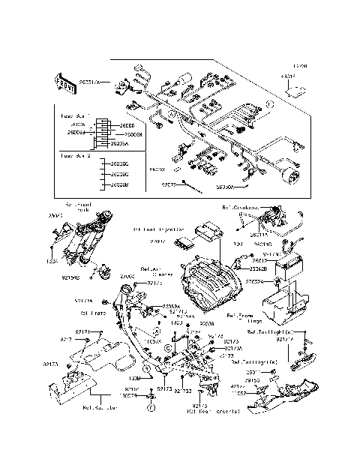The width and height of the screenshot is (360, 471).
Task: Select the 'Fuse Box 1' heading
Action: pyautogui.click(x=74, y=116)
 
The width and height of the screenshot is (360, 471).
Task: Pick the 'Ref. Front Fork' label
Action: pyautogui.click(x=77, y=206)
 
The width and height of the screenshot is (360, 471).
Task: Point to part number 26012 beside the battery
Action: pyautogui.click(x=259, y=260)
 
